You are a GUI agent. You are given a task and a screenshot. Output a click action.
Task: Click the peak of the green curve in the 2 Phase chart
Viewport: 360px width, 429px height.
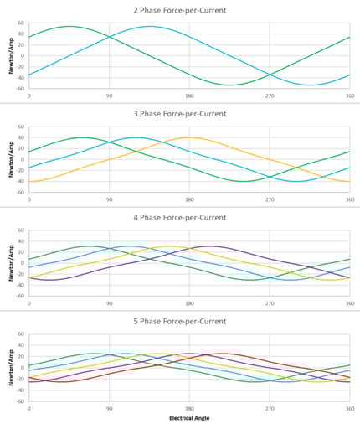click(69, 26)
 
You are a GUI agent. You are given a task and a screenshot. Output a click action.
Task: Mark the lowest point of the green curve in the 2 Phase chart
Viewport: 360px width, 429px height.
click(230, 85)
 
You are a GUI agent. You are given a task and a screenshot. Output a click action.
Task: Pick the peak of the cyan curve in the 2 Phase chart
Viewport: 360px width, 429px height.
click(150, 26)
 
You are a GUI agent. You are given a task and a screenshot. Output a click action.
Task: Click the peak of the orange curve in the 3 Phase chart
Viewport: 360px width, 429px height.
click(189, 137)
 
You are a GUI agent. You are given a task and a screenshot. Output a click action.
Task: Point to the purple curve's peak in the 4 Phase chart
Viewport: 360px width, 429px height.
click(209, 246)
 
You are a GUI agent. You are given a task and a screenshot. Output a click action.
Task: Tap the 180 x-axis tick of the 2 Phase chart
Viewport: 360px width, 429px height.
click(189, 96)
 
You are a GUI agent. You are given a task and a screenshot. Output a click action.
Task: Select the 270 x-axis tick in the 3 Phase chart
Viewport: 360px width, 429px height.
click(270, 199)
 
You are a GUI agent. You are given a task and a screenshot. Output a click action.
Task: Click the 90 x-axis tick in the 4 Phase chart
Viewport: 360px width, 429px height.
click(109, 302)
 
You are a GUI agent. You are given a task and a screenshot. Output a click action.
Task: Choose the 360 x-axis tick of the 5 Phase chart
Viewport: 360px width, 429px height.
click(348, 407)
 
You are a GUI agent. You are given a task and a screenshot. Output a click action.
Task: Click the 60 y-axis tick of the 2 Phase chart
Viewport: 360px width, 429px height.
click(21, 23)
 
